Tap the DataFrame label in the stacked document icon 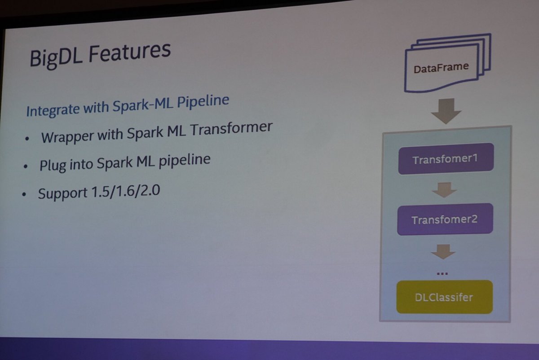441,68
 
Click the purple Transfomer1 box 446,159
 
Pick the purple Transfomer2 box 444,220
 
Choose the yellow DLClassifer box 444,297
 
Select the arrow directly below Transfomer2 443,252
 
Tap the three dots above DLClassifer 442,273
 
